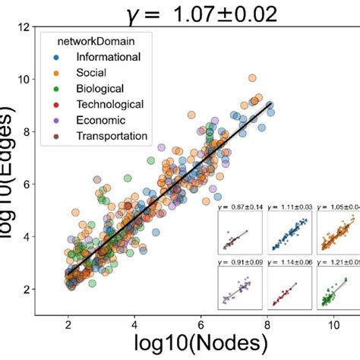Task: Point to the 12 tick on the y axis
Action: (26, 27)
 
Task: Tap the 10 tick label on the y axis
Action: (26, 80)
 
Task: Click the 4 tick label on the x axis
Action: (134, 323)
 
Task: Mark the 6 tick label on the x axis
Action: (201, 323)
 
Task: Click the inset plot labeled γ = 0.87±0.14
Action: (241, 232)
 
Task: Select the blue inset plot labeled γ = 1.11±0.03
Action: (289, 232)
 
